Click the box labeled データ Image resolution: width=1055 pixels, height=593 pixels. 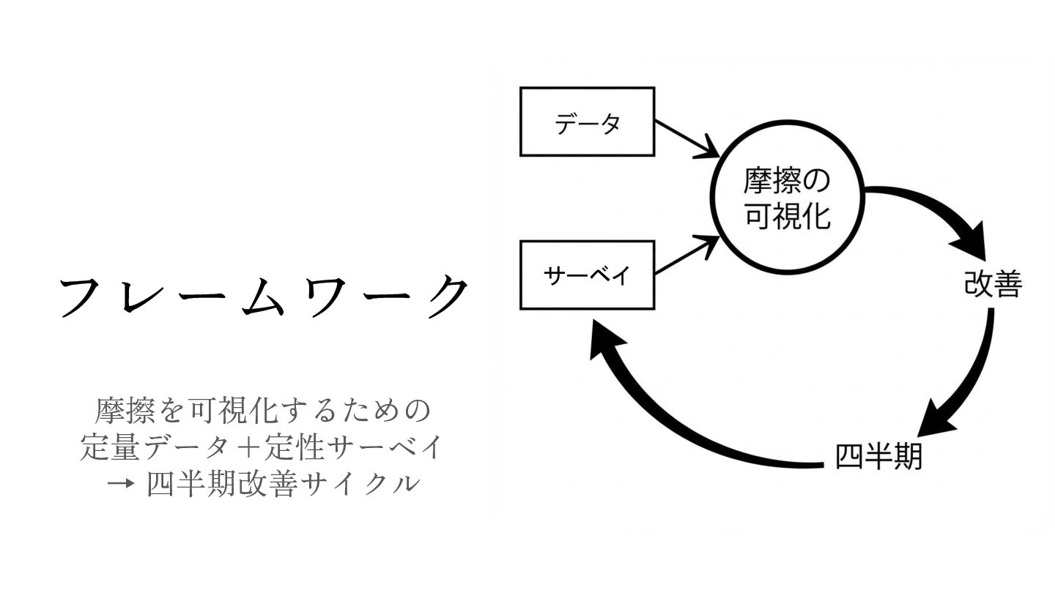pos(587,122)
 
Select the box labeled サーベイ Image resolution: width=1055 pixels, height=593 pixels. pos(587,275)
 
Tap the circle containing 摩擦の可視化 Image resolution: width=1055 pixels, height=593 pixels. pos(787,198)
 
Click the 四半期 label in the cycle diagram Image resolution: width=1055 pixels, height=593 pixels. pos(878,457)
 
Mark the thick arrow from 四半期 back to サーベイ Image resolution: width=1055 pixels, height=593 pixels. pos(689,425)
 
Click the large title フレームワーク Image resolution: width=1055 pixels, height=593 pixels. pos(263,296)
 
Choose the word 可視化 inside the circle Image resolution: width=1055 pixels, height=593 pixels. pos(787,217)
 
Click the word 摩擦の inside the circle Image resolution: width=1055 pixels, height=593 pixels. pos(787,180)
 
